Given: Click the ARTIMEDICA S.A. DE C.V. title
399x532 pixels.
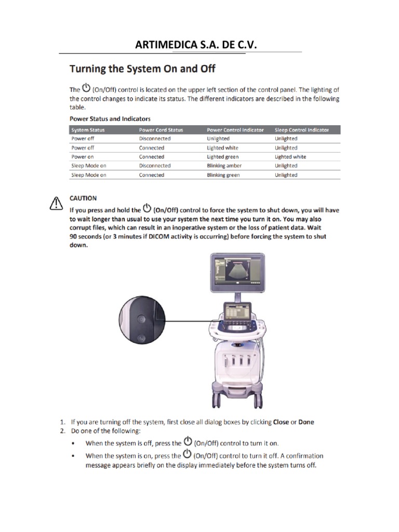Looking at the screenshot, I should click(196, 45).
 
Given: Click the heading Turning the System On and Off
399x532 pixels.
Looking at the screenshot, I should click(143, 69).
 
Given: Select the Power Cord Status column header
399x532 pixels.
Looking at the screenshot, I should click(161, 130).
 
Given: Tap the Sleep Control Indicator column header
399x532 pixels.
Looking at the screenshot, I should click(301, 130).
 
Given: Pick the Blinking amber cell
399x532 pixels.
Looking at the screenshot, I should click(224, 166).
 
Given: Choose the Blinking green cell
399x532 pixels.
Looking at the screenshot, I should click(223, 175).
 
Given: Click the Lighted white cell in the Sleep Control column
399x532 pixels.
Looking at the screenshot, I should click(290, 157).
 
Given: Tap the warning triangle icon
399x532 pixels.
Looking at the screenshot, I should click(56, 204).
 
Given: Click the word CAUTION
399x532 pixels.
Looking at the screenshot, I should click(83, 198).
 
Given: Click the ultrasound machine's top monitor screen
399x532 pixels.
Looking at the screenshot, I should click(237, 272).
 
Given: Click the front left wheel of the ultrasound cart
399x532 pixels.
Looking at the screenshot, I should click(217, 400).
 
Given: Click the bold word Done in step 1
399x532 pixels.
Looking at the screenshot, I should click(306, 422).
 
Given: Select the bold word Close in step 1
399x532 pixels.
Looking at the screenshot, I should click(281, 422).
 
